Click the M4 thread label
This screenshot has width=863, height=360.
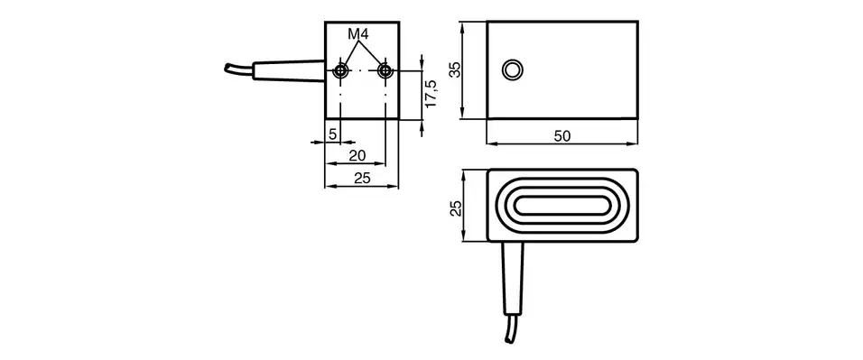point(360,34)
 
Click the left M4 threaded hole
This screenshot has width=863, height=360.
point(340,70)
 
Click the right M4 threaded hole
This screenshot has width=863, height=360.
point(385,70)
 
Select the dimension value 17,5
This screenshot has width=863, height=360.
point(431,95)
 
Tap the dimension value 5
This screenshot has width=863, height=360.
point(332,134)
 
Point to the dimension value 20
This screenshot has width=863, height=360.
point(357,156)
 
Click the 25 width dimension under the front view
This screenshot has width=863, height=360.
point(361,179)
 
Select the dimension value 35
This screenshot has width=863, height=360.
point(456,69)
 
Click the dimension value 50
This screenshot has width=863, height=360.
point(561,136)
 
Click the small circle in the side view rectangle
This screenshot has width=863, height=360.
point(512,69)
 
